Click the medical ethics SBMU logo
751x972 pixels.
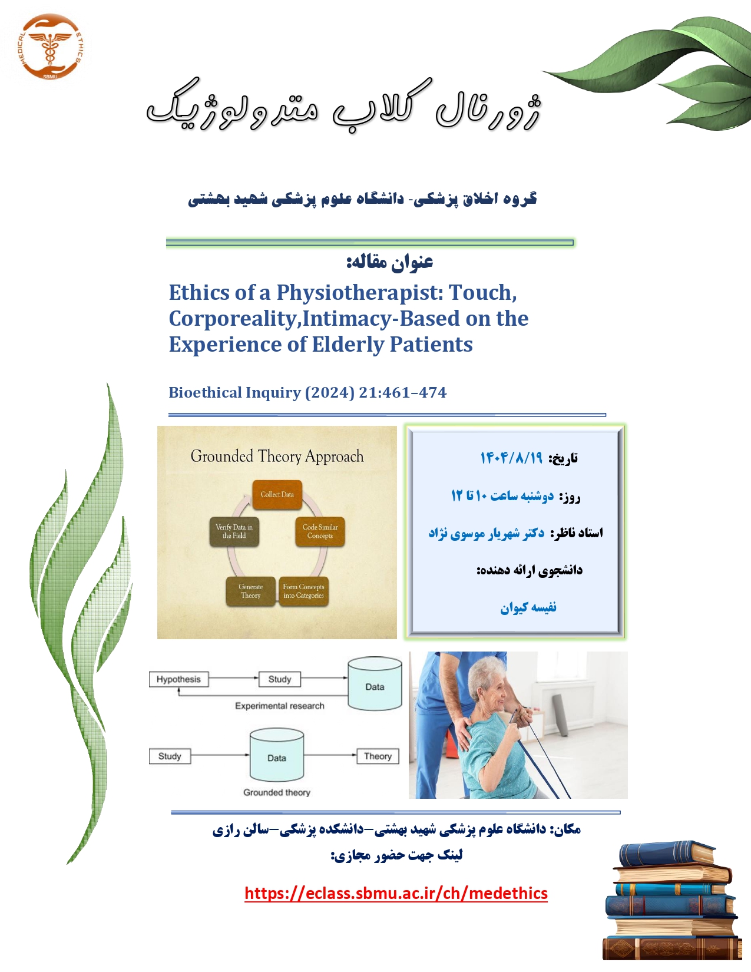(x=50, y=47)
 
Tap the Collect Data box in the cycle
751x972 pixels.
(x=277, y=495)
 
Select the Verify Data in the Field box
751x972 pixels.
(x=234, y=531)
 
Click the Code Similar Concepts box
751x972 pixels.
(x=320, y=531)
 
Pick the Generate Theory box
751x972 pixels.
(x=250, y=591)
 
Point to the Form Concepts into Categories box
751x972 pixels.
(x=303, y=591)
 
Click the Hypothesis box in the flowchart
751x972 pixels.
(x=178, y=679)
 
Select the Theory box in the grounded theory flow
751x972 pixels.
(x=378, y=756)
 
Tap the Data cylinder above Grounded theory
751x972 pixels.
(x=276, y=755)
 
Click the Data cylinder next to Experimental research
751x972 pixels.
(x=375, y=683)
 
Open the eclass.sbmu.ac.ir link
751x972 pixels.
(x=396, y=893)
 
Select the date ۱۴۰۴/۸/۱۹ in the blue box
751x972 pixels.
(x=511, y=458)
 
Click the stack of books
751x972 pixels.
(x=672, y=900)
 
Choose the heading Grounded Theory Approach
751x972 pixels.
(x=277, y=457)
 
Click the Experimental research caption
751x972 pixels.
(x=280, y=705)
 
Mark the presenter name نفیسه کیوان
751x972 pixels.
(x=528, y=607)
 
